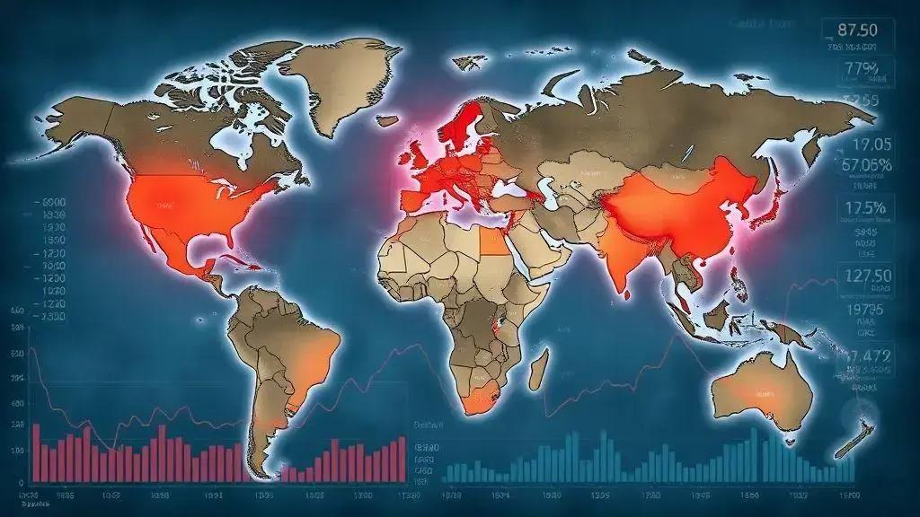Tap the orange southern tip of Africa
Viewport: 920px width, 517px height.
coord(480,399)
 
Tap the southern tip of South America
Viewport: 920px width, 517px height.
coord(261,468)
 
